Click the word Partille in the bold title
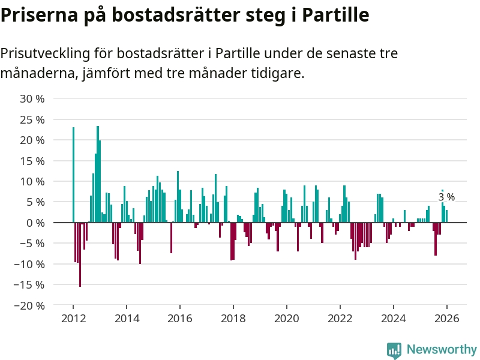click(335, 14)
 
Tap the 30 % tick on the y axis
click(33, 98)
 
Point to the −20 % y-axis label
click(31, 305)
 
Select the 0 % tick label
click(35, 223)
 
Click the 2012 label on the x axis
click(73, 319)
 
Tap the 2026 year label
click(447, 319)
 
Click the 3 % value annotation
click(446, 197)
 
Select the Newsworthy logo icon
click(394, 350)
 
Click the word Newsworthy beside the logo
click(442, 350)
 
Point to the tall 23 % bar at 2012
click(73, 174)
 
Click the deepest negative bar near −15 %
click(80, 254)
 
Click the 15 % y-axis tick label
click(33, 161)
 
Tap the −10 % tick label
click(31, 264)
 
